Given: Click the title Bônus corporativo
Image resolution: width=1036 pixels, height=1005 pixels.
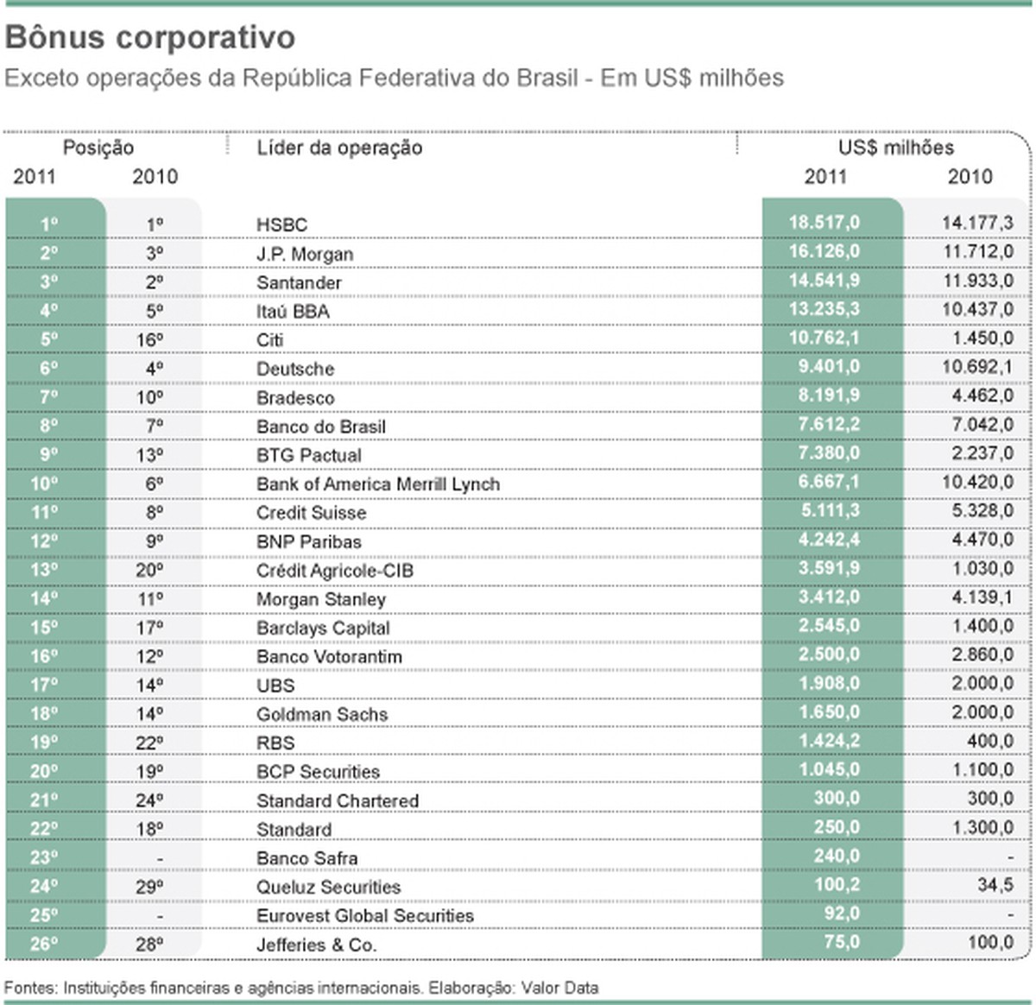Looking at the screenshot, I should (x=150, y=38).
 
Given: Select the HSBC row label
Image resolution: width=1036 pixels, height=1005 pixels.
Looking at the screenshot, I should (x=281, y=224).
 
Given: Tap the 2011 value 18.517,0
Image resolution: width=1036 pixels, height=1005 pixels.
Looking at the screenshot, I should (x=824, y=223).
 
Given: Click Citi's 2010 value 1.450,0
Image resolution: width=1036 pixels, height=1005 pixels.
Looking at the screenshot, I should (x=982, y=338).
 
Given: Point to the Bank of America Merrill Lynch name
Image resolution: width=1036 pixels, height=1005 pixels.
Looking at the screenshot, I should (x=378, y=484).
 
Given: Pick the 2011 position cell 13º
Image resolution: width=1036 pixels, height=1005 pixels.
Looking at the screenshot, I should (x=44, y=570).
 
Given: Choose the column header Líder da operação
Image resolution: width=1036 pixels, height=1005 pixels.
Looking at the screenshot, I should (x=339, y=148).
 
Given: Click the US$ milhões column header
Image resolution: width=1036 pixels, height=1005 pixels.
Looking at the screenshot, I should (x=896, y=148).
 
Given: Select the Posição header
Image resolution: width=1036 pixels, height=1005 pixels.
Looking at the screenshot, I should (x=98, y=148).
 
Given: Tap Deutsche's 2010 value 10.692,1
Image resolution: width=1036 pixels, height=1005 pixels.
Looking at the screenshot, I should (x=977, y=367).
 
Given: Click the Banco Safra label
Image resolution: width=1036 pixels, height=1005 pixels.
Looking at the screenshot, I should (x=306, y=858).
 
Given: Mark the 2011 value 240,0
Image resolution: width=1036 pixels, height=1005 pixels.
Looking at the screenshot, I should (x=837, y=856).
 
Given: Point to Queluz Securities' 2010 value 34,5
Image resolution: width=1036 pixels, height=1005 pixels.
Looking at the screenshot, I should (x=995, y=885).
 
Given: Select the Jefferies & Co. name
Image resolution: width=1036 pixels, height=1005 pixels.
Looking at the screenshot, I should (x=316, y=945).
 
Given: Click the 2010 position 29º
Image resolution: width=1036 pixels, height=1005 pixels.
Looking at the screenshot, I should (x=149, y=887).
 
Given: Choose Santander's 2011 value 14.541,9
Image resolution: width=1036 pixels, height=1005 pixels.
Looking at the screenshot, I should (x=824, y=281).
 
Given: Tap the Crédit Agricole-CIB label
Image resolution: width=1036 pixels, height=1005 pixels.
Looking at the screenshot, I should (x=335, y=571).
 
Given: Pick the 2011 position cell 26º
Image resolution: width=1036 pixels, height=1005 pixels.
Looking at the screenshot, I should (x=44, y=944).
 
